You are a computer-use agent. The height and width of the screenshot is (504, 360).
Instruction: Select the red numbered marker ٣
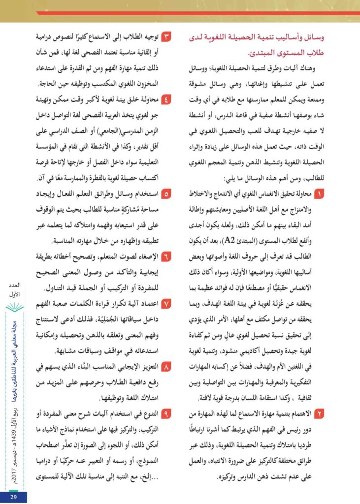point(166,38)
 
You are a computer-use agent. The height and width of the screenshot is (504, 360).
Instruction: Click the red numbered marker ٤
point(166,97)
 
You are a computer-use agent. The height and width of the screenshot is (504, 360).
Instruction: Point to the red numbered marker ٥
point(166,194)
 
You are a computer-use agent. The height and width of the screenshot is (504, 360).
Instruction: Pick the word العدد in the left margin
point(14,285)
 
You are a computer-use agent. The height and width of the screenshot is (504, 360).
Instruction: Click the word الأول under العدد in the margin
point(14,294)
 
